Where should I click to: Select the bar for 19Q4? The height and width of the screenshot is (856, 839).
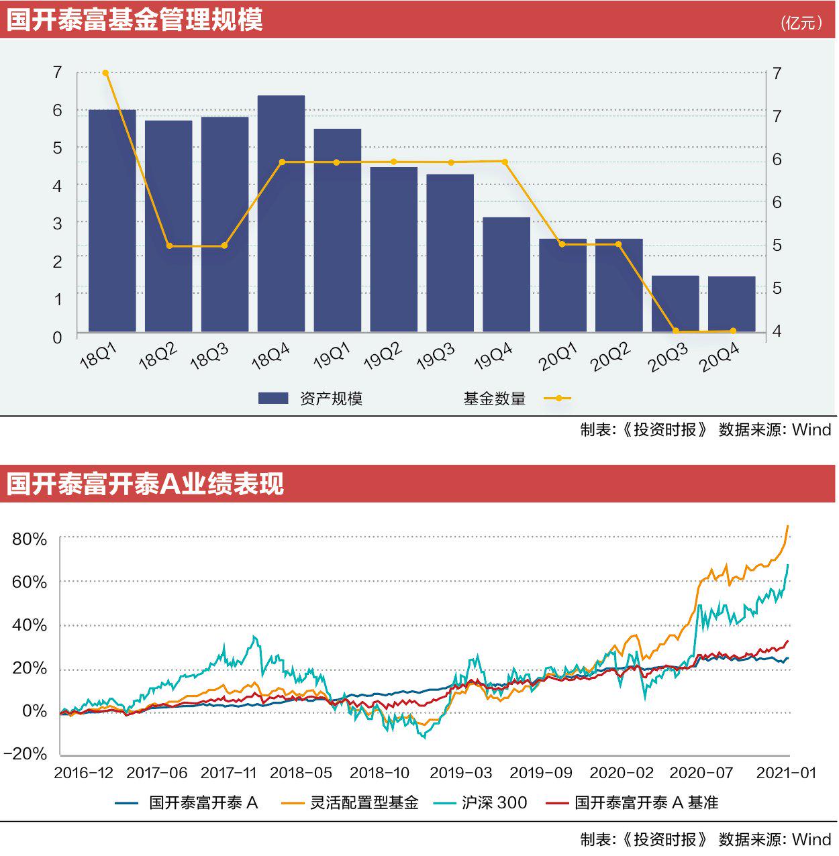coord(506,274)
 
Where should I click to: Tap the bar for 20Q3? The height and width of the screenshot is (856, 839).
coord(675,303)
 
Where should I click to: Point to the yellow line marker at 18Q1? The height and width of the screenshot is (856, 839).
coord(105,73)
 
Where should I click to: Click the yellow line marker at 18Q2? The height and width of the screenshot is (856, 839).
coord(169,246)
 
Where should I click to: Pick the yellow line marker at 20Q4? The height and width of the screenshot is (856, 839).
coord(732,331)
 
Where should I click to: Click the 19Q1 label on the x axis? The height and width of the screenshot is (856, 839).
coord(332,356)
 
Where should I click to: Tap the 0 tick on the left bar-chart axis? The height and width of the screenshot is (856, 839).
coord(58,337)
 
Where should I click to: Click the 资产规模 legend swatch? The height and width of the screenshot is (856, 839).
coord(273,398)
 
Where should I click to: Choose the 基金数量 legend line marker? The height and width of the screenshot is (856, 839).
coord(558,398)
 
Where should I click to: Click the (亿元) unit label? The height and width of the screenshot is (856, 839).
coord(801,23)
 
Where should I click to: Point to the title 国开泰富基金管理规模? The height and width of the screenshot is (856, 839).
coord(134,19)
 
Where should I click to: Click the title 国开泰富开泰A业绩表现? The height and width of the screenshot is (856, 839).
coord(145,484)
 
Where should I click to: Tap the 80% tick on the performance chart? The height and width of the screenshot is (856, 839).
coord(30,539)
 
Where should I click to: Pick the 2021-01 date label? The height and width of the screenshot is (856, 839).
coord(786,773)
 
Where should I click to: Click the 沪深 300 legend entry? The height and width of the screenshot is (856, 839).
coord(494,803)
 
